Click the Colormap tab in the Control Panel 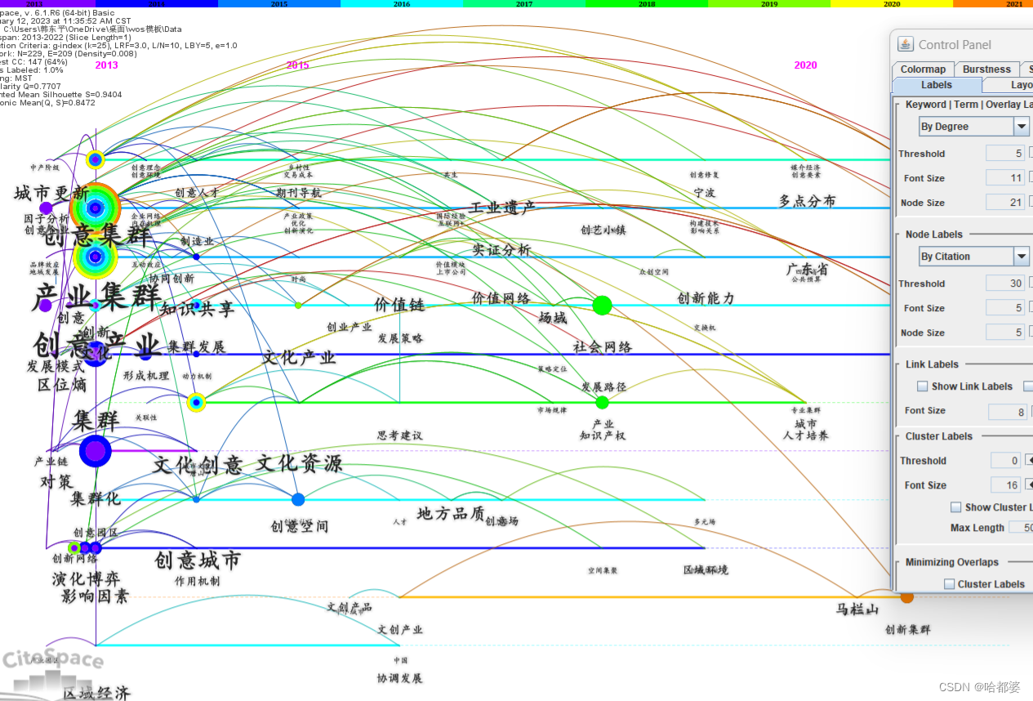923,69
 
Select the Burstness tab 986,69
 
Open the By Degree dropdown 1022,127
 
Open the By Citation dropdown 1022,257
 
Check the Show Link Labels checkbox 923,386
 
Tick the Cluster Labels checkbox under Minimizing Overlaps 950,584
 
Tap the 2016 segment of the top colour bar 402,4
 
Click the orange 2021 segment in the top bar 1013,4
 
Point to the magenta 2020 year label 805,65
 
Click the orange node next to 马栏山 907,597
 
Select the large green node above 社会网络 602,306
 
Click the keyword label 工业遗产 502,208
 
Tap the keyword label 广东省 807,269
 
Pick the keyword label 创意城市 198,560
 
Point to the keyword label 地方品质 451,513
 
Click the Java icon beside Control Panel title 905,44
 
